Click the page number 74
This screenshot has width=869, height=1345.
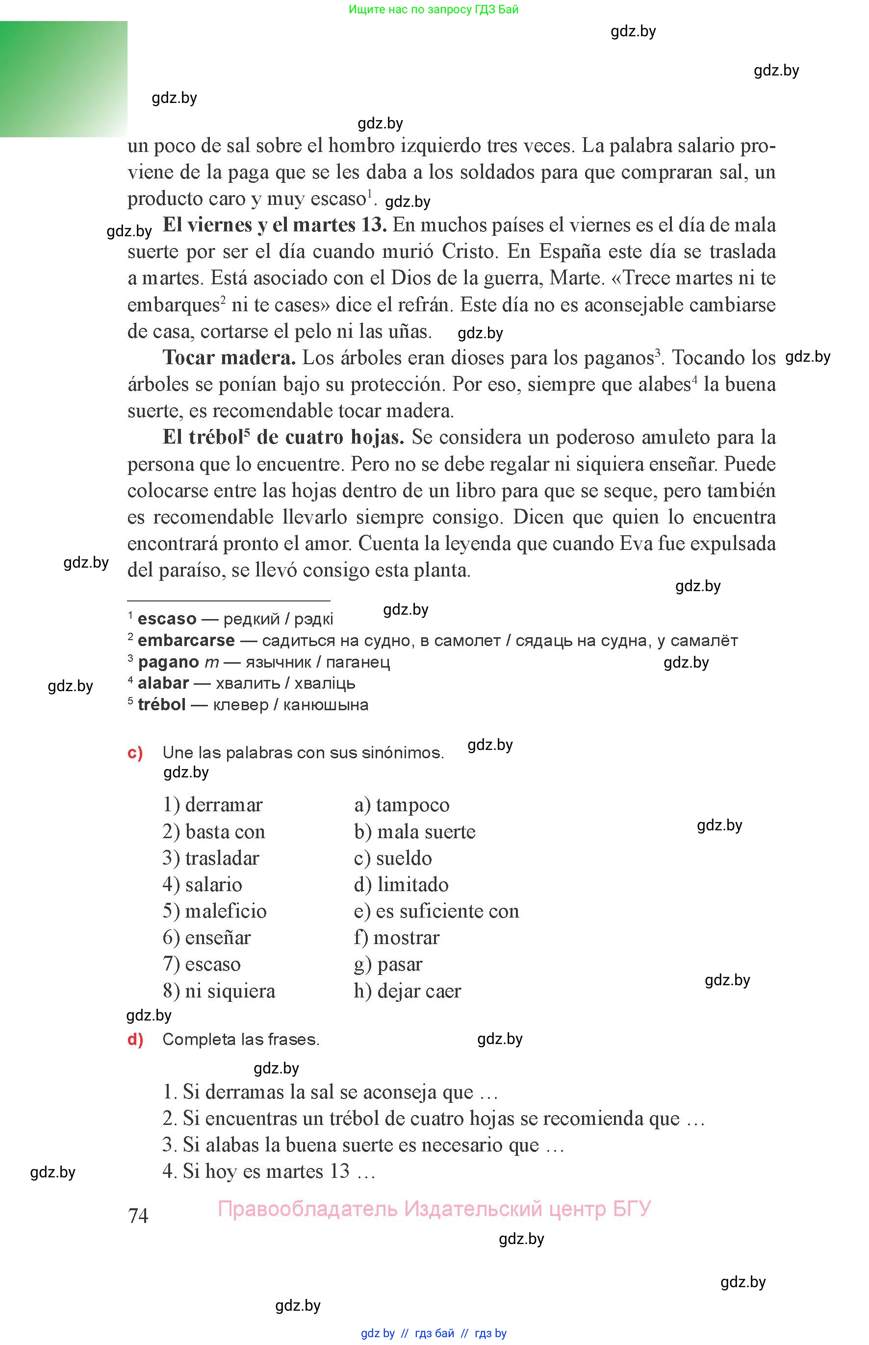click(x=138, y=1215)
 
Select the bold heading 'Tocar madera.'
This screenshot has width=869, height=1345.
click(x=229, y=357)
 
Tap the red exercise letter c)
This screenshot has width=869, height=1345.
click(x=135, y=752)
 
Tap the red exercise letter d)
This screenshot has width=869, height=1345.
click(x=135, y=1039)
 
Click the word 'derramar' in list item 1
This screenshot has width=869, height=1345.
click(x=224, y=805)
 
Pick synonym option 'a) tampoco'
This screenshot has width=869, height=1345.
click(x=402, y=805)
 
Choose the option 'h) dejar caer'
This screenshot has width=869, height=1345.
click(x=408, y=991)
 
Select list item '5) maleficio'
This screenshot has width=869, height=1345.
click(x=214, y=911)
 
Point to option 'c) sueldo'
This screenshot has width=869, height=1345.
click(x=393, y=858)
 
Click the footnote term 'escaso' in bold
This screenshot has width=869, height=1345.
click(x=167, y=619)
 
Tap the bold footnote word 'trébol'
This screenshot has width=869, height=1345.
click(x=161, y=704)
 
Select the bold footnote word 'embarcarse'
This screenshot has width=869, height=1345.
click(x=186, y=640)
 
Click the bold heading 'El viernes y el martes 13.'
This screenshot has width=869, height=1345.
click(x=275, y=225)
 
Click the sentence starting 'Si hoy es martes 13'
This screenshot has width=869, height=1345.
click(x=269, y=1171)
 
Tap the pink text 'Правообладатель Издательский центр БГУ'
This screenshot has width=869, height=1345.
click(x=434, y=1209)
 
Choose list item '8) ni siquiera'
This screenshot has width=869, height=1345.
click(x=219, y=991)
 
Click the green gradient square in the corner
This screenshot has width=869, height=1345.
click(x=63, y=79)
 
